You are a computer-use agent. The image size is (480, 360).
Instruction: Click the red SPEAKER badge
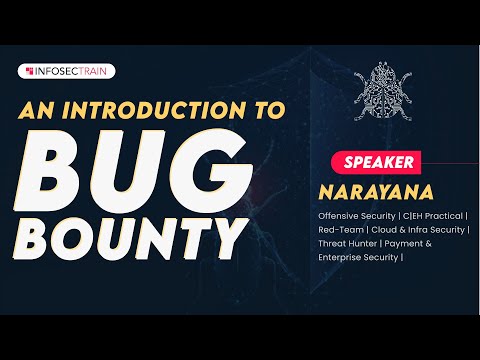[378, 160]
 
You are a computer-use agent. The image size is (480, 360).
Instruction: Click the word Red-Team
[338, 228]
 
